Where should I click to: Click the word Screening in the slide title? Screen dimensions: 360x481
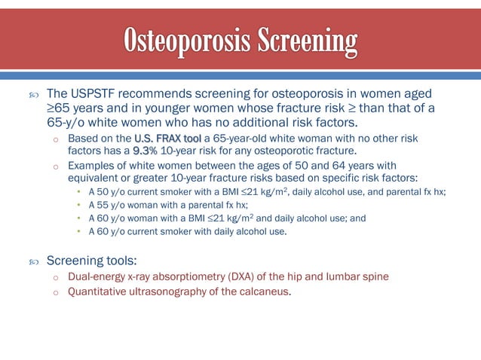[x=309, y=39]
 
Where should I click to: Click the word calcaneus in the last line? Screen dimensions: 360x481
[x=265, y=292]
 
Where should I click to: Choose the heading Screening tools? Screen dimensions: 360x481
[x=92, y=261]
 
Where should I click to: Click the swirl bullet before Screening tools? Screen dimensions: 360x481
[x=32, y=261]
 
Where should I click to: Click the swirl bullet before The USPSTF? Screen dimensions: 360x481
[x=32, y=95]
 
